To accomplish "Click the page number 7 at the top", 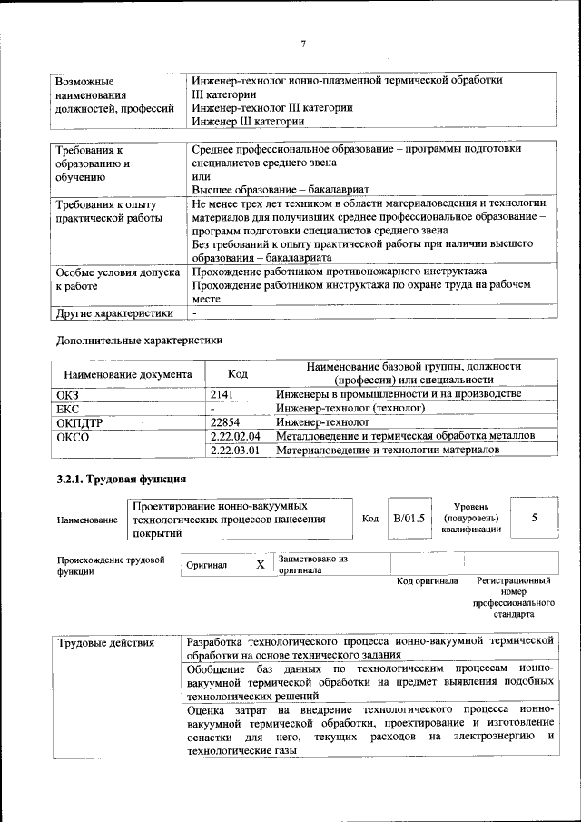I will point(303,44).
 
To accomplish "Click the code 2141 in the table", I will point(222,393).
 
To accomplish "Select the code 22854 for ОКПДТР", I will point(225,422).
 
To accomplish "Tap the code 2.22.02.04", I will point(234,436).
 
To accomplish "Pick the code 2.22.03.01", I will point(234,451).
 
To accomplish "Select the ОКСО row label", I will point(72,437).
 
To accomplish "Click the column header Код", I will point(237,373).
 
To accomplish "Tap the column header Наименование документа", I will point(127,373).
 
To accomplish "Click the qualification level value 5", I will point(534,517).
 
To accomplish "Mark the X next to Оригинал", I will point(261,564).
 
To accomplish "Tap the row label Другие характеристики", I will point(113,313).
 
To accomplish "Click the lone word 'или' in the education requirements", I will point(201,176).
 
